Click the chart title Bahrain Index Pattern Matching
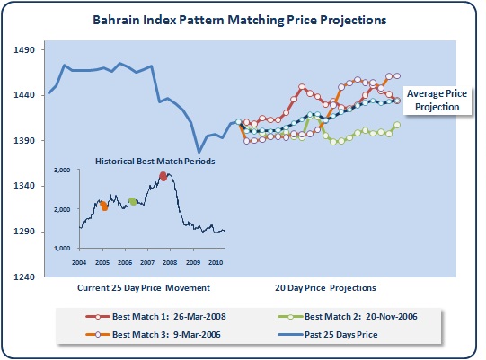189,20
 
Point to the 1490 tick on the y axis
24,49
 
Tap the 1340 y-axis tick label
24,186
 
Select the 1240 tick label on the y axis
24,277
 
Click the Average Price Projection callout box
437,101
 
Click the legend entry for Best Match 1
155,317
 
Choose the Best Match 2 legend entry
348,317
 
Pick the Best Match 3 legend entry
153,335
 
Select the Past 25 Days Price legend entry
328,335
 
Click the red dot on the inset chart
163,176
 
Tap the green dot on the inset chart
133,201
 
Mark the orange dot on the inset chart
104,206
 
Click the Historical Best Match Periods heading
155,162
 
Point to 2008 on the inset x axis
170,263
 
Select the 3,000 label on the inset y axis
62,170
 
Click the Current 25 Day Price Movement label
144,288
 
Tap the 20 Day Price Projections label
325,288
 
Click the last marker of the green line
397,125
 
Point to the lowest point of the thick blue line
199,152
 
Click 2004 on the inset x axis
79,263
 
